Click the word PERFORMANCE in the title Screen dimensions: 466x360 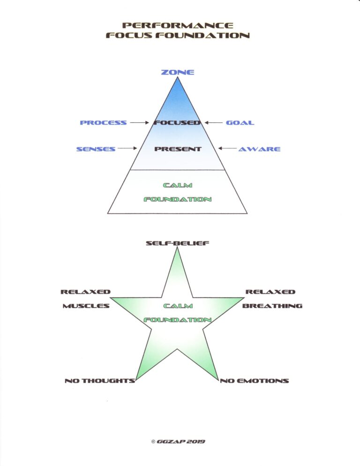tap(177, 25)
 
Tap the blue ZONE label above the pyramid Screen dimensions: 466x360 tap(178, 72)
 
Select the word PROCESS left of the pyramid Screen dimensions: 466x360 tap(103, 123)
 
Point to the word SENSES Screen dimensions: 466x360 tap(96, 149)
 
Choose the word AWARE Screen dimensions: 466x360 tap(259, 149)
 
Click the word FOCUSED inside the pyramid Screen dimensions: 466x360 tap(178, 123)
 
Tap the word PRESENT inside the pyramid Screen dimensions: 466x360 tap(178, 149)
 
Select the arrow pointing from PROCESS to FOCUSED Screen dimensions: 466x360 tap(139, 123)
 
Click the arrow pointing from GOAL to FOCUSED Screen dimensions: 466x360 tap(213, 123)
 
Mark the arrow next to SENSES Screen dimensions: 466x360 tap(127, 149)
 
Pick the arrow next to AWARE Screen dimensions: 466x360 tap(227, 149)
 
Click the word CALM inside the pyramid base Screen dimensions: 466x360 tap(178, 186)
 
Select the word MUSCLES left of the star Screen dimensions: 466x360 tap(86, 306)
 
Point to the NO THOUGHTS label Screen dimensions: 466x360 tap(100, 381)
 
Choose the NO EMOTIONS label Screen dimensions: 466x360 tap(255, 381)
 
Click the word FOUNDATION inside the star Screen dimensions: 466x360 tap(178, 320)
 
